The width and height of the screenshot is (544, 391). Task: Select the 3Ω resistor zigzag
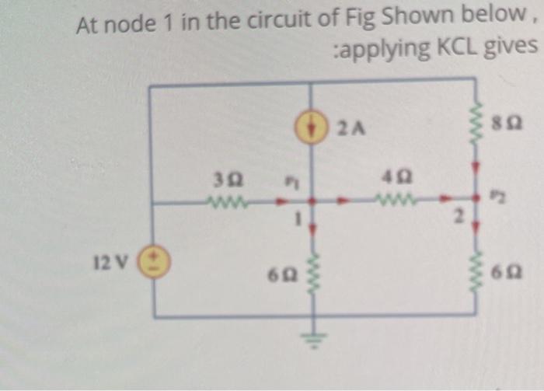226,205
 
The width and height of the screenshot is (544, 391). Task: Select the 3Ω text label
225,183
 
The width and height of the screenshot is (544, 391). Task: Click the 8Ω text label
509,124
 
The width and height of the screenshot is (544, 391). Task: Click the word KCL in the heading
458,49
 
